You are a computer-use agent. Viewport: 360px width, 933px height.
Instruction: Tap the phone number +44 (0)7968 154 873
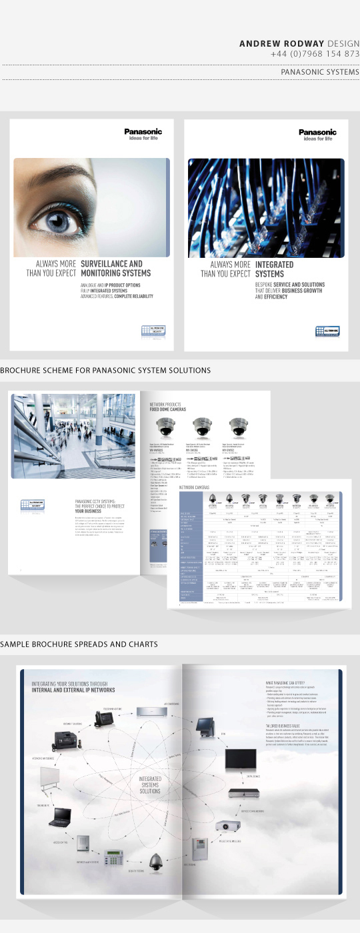click(x=315, y=54)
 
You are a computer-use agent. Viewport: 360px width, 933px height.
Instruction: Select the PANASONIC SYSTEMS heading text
click(x=320, y=72)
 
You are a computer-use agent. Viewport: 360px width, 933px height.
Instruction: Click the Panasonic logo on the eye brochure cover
click(x=143, y=133)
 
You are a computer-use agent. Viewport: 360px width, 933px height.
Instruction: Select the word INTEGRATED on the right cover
click(x=274, y=265)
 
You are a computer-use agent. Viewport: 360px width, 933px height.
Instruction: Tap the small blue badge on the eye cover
click(x=153, y=331)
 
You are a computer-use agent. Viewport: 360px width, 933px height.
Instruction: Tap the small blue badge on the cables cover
click(x=327, y=331)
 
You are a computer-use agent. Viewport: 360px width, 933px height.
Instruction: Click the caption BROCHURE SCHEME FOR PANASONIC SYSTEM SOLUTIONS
click(x=105, y=370)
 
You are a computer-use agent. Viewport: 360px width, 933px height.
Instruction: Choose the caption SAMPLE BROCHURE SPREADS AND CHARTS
click(x=79, y=644)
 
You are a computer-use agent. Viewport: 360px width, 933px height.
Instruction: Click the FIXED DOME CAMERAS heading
click(x=168, y=409)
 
